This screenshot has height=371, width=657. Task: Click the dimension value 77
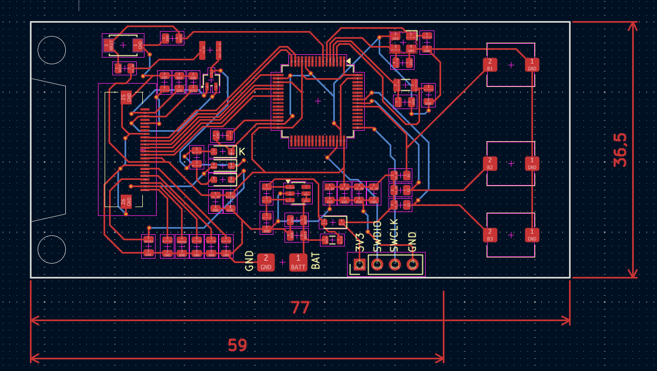(300, 308)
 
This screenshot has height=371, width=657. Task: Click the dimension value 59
(237, 346)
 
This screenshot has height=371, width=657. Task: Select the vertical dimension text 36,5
(620, 150)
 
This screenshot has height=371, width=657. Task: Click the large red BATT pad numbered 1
(298, 262)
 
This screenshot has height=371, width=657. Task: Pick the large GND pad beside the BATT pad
(266, 262)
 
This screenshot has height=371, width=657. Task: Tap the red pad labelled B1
(489, 65)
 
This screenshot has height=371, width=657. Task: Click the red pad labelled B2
(490, 163)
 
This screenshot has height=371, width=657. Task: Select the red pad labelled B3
(490, 235)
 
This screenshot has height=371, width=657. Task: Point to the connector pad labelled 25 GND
(126, 97)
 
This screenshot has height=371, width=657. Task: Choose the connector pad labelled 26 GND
(126, 201)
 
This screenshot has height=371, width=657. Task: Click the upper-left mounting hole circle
(52, 50)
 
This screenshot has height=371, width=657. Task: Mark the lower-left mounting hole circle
(52, 249)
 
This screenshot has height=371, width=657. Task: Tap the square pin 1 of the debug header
(359, 265)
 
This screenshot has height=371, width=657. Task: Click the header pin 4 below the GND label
(412, 265)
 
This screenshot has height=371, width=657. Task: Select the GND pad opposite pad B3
(532, 235)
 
